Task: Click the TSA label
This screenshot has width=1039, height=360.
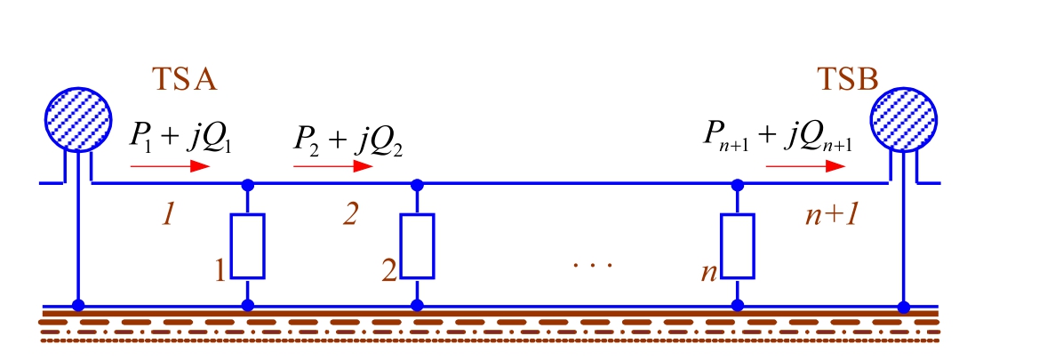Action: (x=185, y=80)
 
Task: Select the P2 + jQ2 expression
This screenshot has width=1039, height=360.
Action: (x=348, y=141)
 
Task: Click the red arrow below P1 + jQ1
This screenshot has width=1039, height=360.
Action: (x=170, y=165)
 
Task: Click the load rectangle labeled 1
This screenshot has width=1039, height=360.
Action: (x=248, y=245)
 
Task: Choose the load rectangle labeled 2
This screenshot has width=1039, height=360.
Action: (x=417, y=245)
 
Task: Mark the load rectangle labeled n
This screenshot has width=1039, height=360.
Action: (x=737, y=245)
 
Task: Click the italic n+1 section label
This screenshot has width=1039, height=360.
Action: (x=827, y=214)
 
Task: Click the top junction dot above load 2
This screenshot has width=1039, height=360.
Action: (x=417, y=185)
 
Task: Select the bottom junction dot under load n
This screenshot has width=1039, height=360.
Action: (x=737, y=305)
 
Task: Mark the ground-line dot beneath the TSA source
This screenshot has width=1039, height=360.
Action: (x=78, y=305)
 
